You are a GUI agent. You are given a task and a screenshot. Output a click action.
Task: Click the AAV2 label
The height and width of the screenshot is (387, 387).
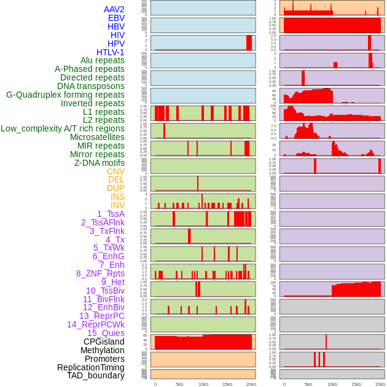point(114,9)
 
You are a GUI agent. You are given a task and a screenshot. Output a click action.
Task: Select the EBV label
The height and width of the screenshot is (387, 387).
point(116,18)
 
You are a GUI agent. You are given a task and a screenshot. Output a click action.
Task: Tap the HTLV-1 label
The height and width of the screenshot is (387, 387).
point(111,52)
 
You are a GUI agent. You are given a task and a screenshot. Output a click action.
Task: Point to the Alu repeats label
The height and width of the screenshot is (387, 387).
point(103,60)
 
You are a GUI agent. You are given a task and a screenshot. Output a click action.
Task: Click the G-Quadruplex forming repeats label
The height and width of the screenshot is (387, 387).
point(65,95)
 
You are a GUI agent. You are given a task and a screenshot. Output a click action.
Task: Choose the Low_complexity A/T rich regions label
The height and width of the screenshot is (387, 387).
point(63,128)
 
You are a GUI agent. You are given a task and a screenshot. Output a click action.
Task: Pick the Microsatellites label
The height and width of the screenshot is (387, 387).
point(97,137)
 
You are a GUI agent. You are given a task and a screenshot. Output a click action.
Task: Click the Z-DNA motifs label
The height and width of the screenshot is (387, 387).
point(100,163)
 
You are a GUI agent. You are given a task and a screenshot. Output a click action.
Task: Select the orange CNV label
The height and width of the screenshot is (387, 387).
point(115,171)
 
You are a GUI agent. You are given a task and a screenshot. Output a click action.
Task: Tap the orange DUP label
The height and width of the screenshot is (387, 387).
point(115,188)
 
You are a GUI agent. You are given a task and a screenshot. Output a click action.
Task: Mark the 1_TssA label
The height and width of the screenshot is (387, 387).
point(111,214)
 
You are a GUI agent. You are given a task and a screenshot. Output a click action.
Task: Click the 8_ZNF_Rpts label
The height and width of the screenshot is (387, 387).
point(100,273)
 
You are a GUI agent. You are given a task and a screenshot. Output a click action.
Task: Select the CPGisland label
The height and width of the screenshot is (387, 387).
point(104,342)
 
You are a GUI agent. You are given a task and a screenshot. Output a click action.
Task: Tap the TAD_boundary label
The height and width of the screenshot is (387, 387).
point(96,375)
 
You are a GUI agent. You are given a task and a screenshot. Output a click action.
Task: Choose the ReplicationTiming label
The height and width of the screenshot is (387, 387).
point(91,367)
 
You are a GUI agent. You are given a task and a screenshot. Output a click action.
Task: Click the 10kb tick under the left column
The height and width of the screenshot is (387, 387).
point(203,384)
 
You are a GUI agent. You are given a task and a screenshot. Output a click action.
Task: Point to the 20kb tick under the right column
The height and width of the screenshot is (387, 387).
point(380,384)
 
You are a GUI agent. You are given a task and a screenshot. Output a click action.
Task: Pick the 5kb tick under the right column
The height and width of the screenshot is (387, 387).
point(308,384)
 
